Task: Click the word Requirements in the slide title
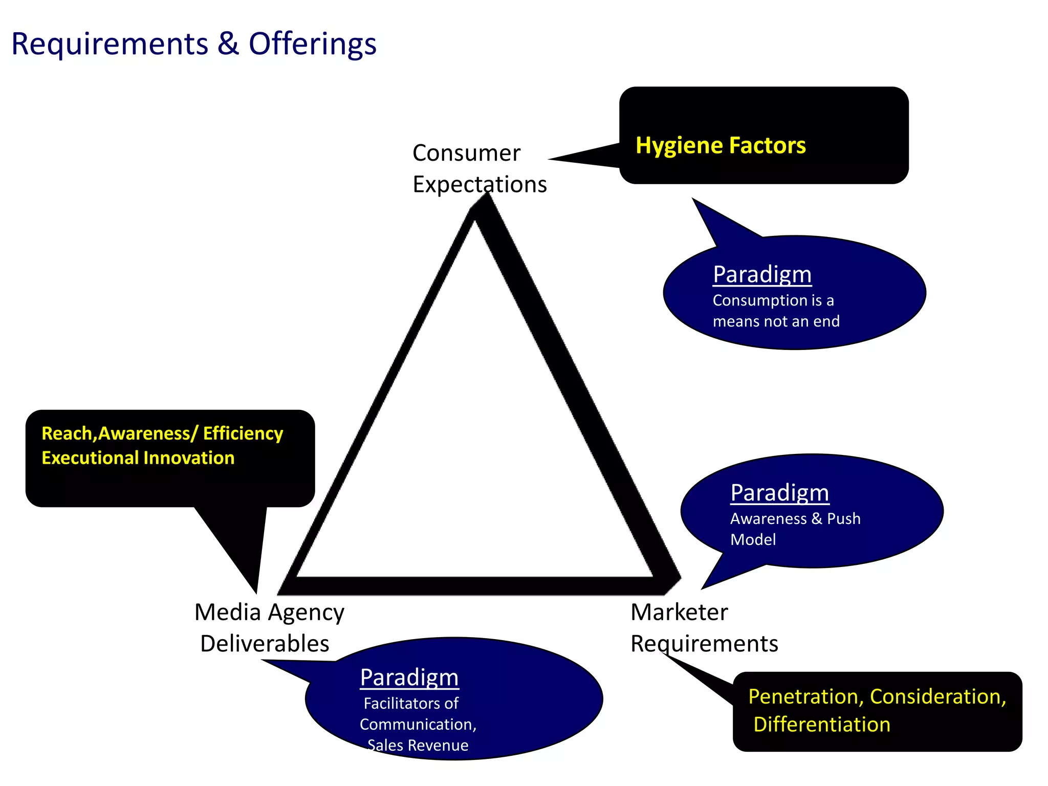pos(110,44)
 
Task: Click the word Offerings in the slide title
pos(312,44)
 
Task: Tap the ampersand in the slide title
pos(228,44)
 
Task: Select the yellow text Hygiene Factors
pos(720,145)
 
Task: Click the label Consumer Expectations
pos(479,169)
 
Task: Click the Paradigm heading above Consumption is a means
pos(762,275)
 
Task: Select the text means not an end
pos(776,321)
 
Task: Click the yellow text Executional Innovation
pos(138,458)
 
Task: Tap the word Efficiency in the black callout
pos(243,434)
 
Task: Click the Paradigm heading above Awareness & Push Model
pos(779,493)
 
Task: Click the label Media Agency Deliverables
pos(269,628)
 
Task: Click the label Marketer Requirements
pos(704,628)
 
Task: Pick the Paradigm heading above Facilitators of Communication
pos(409,678)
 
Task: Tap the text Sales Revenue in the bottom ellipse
pos(418,746)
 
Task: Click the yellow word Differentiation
pos(822,725)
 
